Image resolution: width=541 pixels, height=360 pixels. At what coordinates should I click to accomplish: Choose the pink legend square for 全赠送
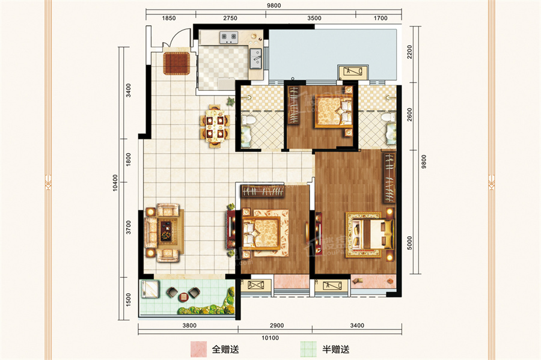198,348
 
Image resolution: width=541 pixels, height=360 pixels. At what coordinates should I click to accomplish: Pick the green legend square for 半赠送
308,348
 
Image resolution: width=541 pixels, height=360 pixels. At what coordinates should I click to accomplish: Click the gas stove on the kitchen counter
229,38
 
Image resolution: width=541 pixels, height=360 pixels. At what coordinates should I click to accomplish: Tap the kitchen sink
255,58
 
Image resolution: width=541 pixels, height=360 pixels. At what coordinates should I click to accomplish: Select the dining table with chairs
215,126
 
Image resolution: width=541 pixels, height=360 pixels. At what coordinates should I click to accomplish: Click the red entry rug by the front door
177,63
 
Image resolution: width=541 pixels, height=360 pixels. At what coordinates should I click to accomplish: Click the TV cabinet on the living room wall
230,227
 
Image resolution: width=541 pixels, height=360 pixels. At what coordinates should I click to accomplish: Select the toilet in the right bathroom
389,127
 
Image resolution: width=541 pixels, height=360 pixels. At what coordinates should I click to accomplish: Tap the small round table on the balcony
183,296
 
